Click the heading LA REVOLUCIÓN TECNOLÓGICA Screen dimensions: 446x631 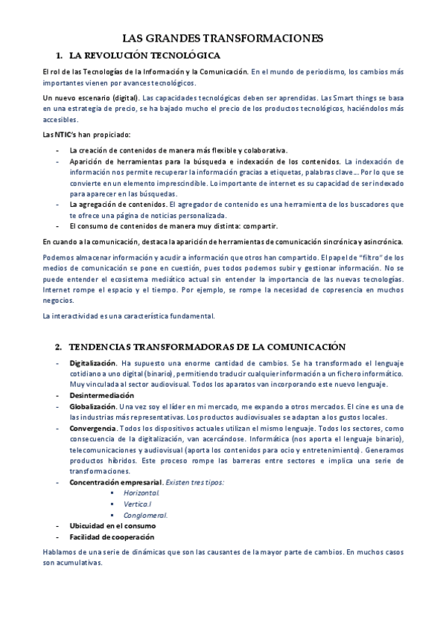point(144,55)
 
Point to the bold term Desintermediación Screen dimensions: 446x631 point(101,396)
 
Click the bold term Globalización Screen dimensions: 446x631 point(92,407)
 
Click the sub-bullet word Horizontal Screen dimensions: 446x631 point(141,493)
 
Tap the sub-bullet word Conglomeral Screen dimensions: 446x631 point(145,514)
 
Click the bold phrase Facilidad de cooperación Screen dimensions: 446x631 point(112,536)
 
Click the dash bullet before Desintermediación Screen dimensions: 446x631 point(59,396)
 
